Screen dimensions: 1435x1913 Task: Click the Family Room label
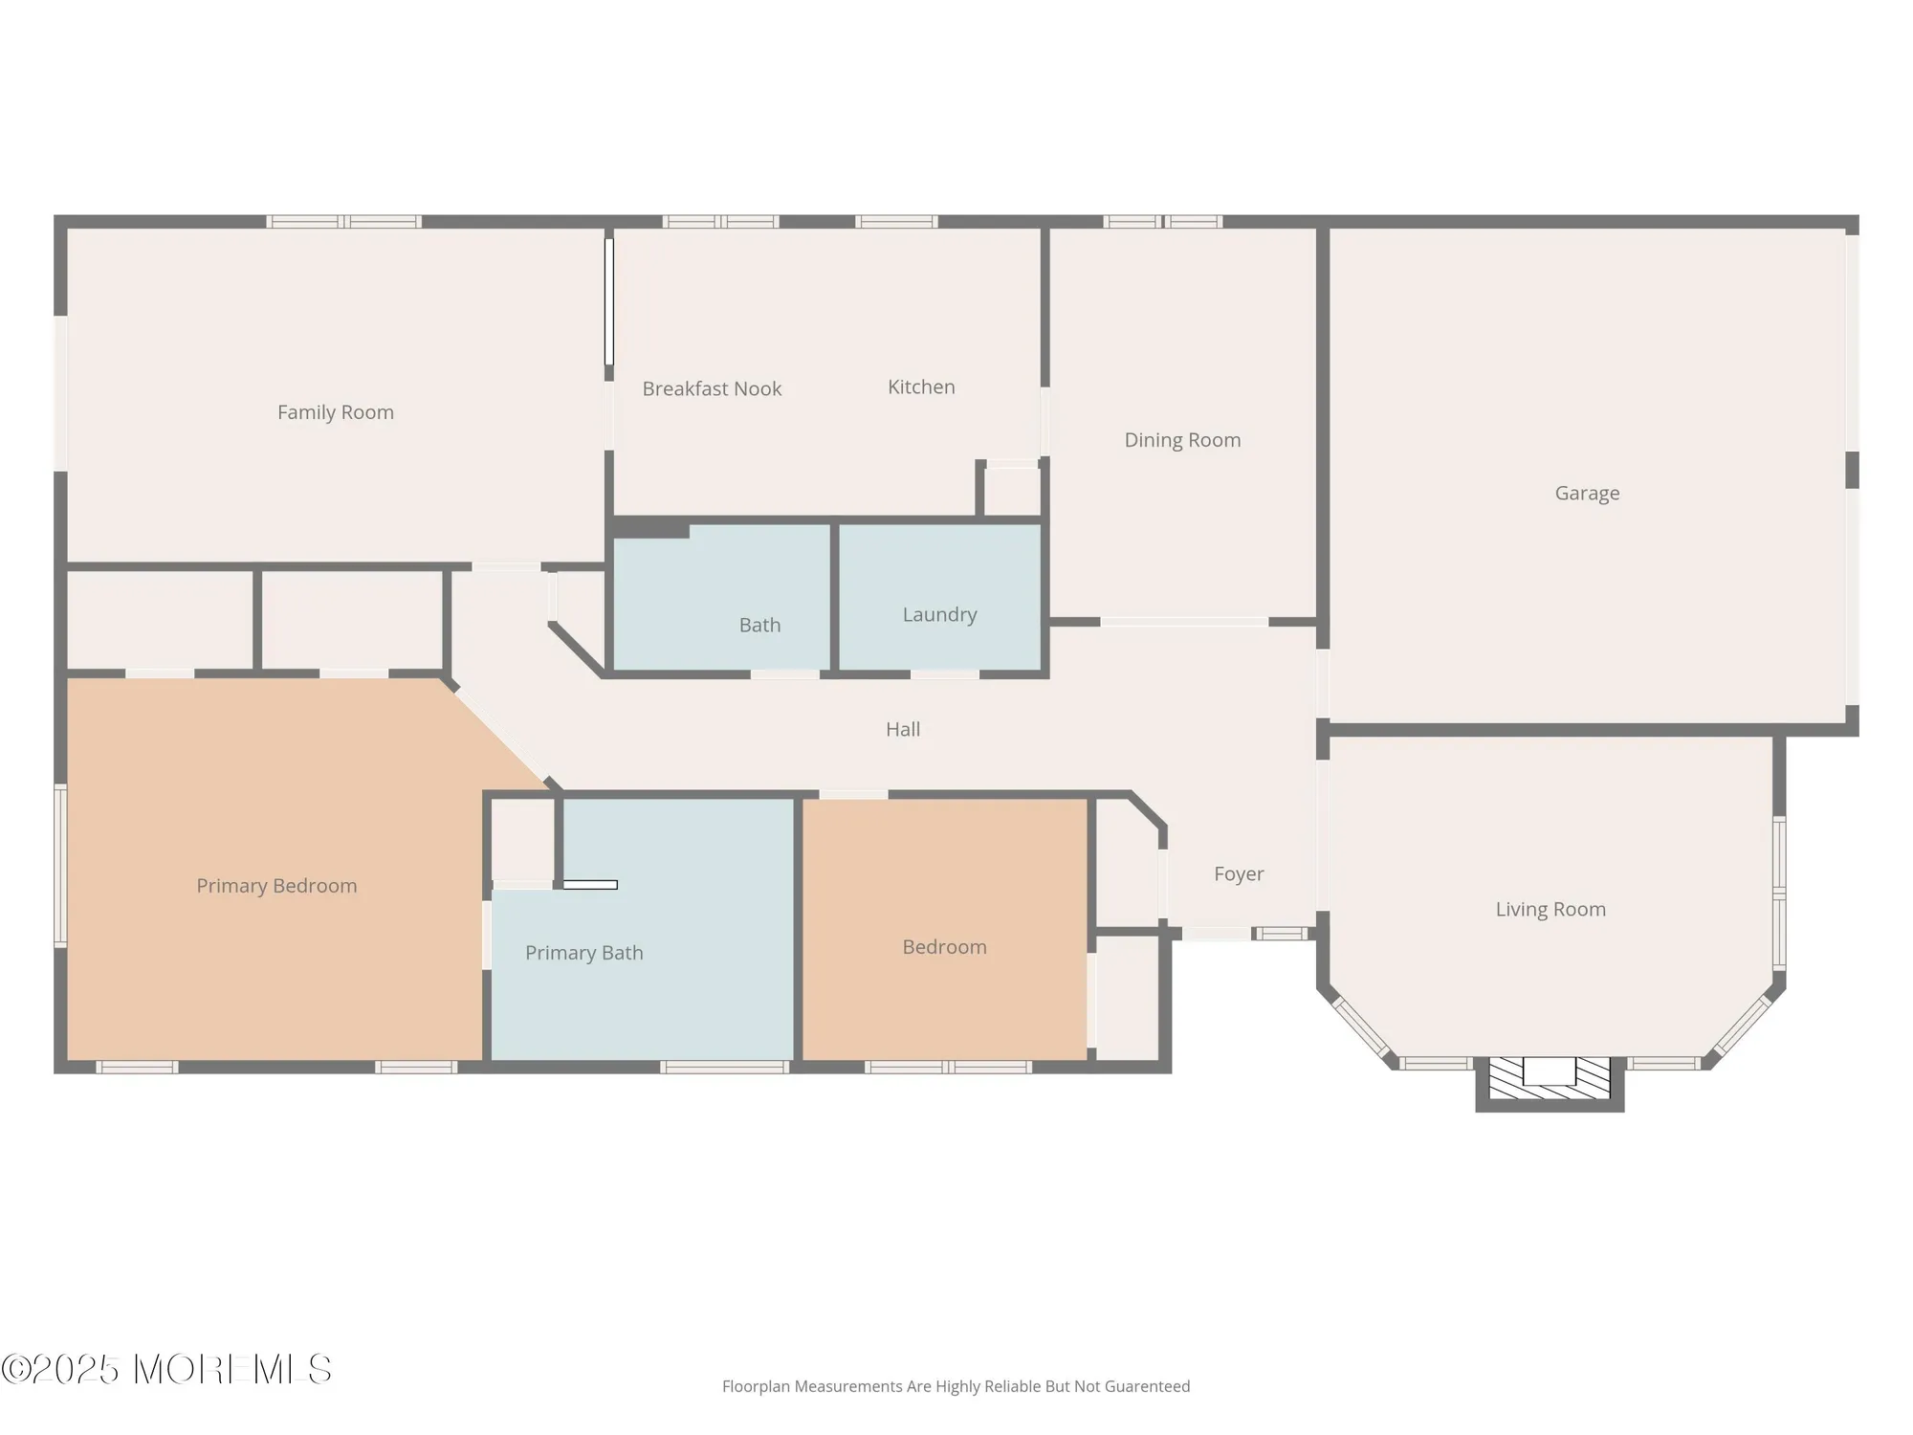(335, 412)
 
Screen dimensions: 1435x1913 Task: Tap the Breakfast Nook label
(712, 388)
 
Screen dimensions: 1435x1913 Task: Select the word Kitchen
(921, 386)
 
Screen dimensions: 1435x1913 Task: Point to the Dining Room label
(1182, 440)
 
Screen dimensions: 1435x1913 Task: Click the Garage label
(1587, 493)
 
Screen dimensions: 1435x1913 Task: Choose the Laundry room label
(939, 614)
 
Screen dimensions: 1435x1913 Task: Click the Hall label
(902, 729)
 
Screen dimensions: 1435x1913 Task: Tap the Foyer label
(1239, 873)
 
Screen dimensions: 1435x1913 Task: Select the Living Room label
(1550, 909)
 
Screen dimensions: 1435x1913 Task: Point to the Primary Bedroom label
(276, 886)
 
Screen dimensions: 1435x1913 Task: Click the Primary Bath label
(583, 953)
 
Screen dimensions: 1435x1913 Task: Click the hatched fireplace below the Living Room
(1550, 1078)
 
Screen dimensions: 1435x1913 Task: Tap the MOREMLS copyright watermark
(166, 1370)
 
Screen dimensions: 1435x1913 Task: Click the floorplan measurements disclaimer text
(956, 1386)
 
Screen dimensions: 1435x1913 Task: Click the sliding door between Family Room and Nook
(608, 301)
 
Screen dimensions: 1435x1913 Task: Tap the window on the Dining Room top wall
(1162, 222)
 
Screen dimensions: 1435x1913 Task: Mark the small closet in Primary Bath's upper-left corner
(522, 840)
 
